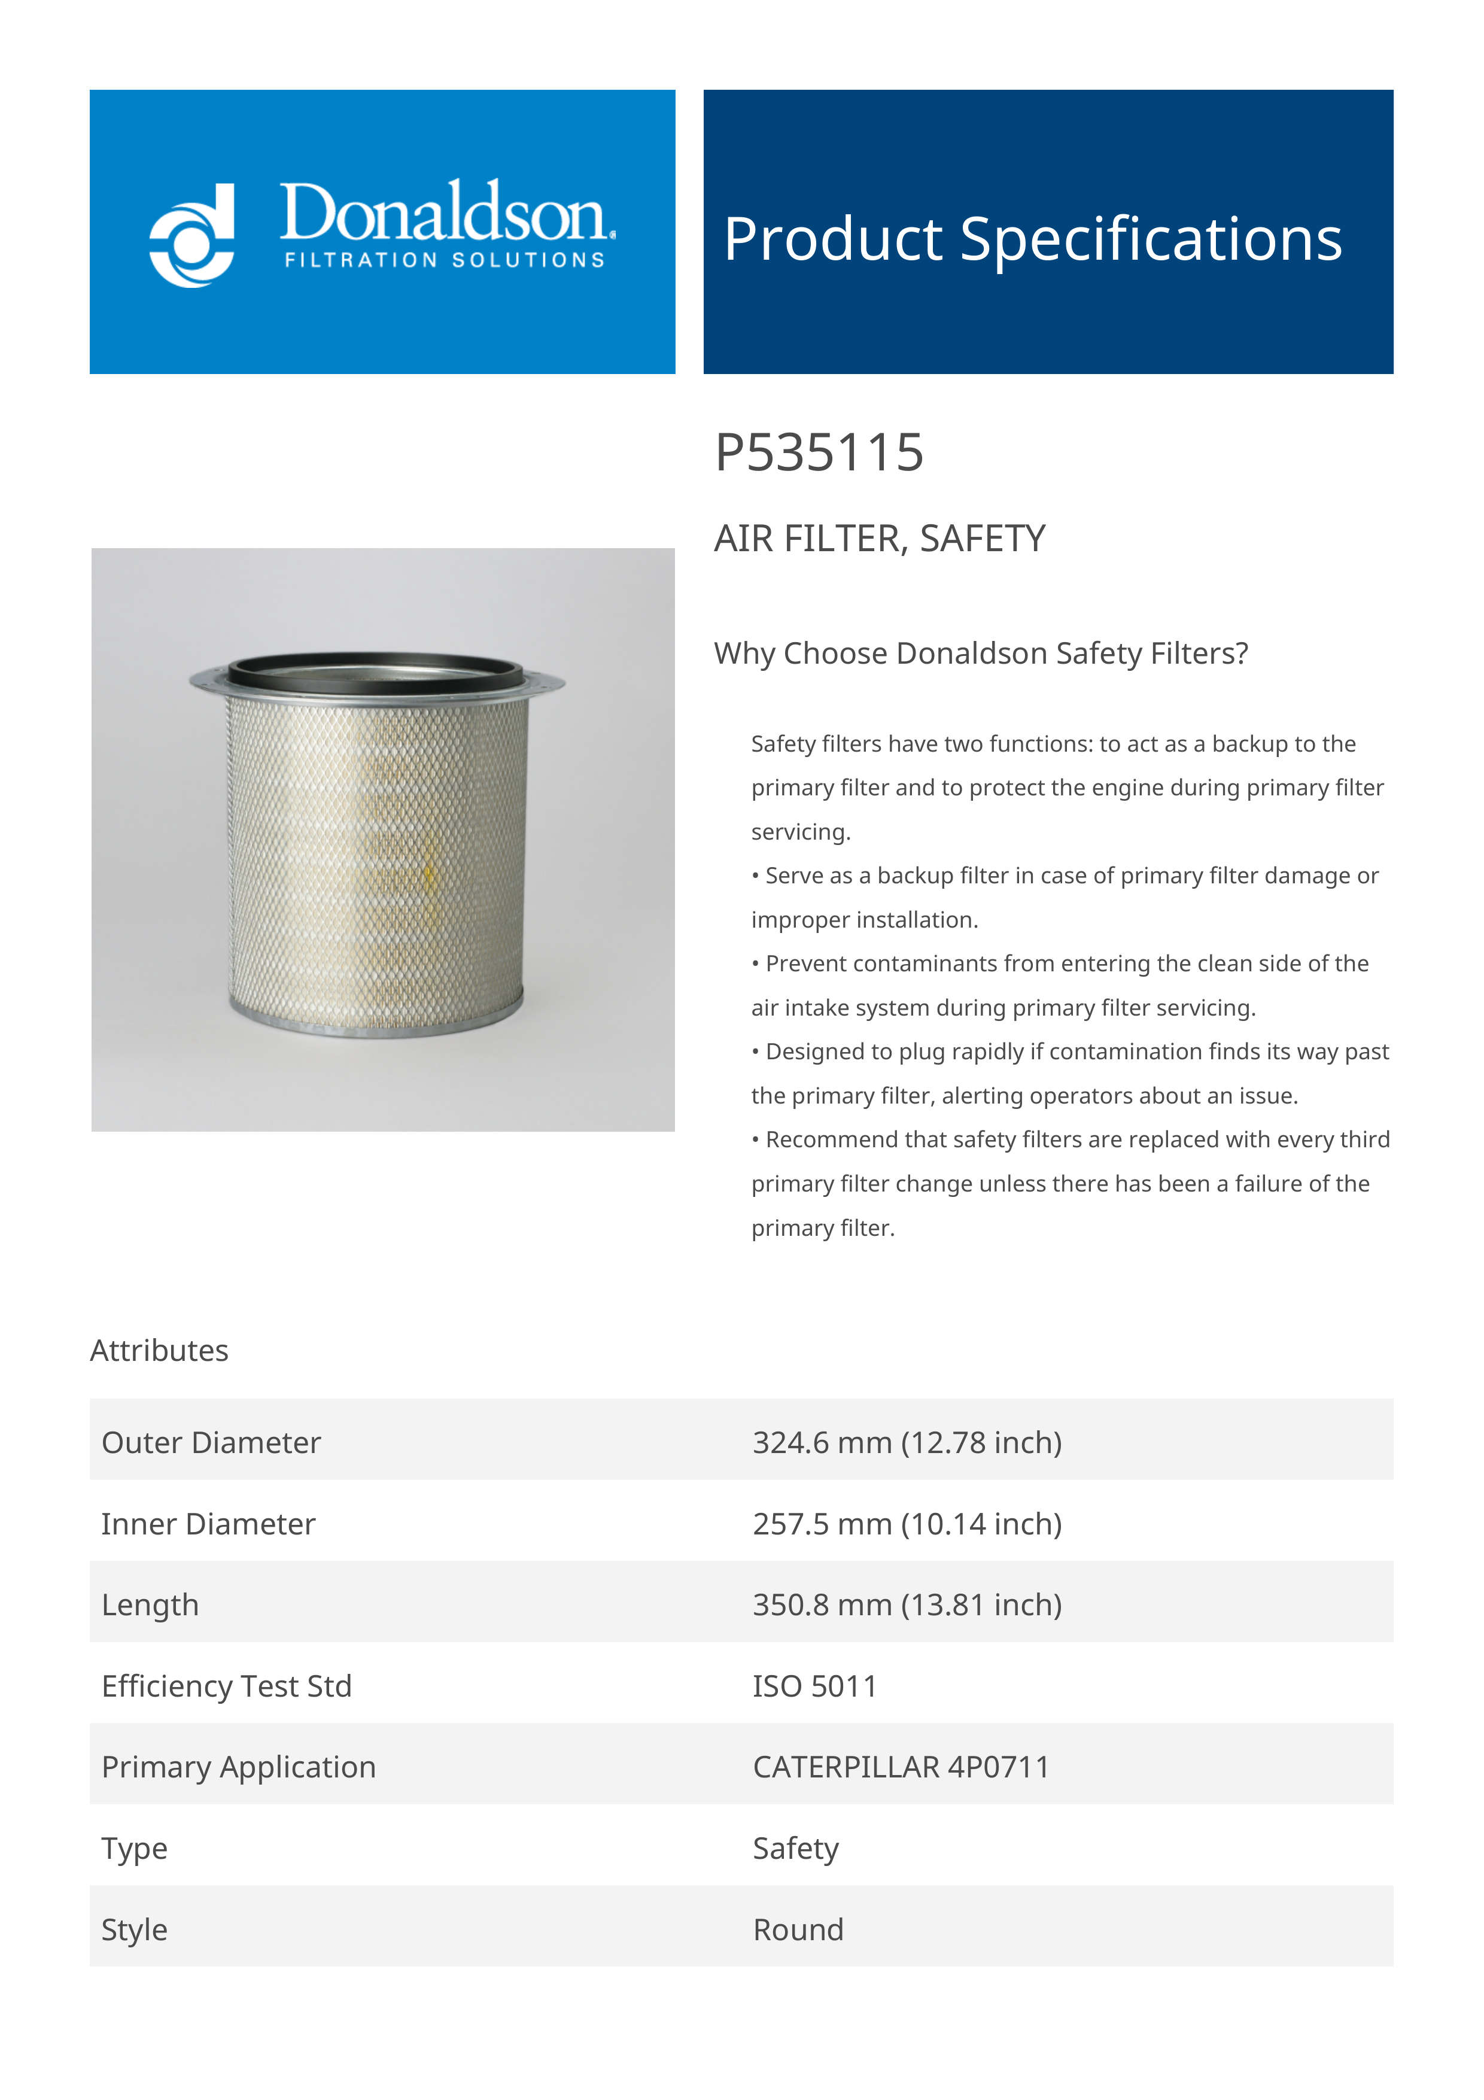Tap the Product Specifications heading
(x=1032, y=239)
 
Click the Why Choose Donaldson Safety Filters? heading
(x=980, y=653)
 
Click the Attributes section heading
(x=159, y=1350)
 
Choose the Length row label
(x=150, y=1604)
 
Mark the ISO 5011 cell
(x=814, y=1686)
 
